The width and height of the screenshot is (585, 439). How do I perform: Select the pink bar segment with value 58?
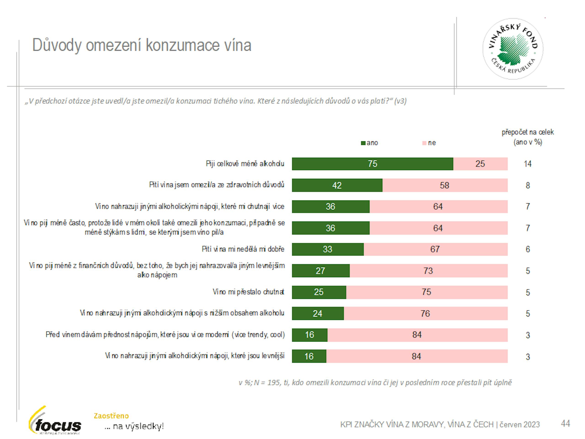pos(444,185)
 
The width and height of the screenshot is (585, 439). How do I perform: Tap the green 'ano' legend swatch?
pos(363,143)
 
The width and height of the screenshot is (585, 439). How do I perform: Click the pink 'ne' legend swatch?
pos(424,143)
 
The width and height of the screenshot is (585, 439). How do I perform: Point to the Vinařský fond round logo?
pos(513,49)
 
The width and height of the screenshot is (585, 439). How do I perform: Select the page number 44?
pos(565,423)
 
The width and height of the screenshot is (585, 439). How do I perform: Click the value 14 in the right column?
pos(528,164)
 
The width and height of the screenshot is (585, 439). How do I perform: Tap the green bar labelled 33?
pos(327,249)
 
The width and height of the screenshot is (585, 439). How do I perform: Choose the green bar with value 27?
pos(321,271)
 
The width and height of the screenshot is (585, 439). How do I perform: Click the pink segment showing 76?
pos(425,313)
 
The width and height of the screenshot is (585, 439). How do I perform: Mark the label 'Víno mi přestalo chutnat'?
pos(248,292)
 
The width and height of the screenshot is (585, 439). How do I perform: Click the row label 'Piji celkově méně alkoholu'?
pos(245,164)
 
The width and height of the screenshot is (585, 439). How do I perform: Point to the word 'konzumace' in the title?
pos(183,45)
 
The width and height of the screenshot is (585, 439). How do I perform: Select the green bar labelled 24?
pos(318,313)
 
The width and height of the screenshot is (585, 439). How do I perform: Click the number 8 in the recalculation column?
pos(528,185)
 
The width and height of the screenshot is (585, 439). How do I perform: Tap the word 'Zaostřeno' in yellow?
pos(111,416)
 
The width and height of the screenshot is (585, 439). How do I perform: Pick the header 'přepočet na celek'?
pos(527,132)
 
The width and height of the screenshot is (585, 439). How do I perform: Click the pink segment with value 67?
pos(435,249)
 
